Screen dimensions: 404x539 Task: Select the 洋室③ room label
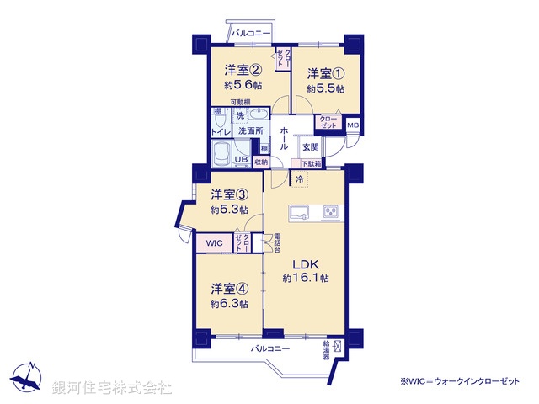click(229, 194)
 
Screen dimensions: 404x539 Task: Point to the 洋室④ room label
click(229, 287)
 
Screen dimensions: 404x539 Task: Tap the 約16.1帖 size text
click(306, 278)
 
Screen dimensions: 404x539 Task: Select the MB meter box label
click(353, 126)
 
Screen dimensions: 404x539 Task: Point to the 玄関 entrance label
click(309, 146)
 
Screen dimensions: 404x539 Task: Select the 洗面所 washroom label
click(250, 130)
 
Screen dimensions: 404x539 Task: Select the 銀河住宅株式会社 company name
click(112, 387)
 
